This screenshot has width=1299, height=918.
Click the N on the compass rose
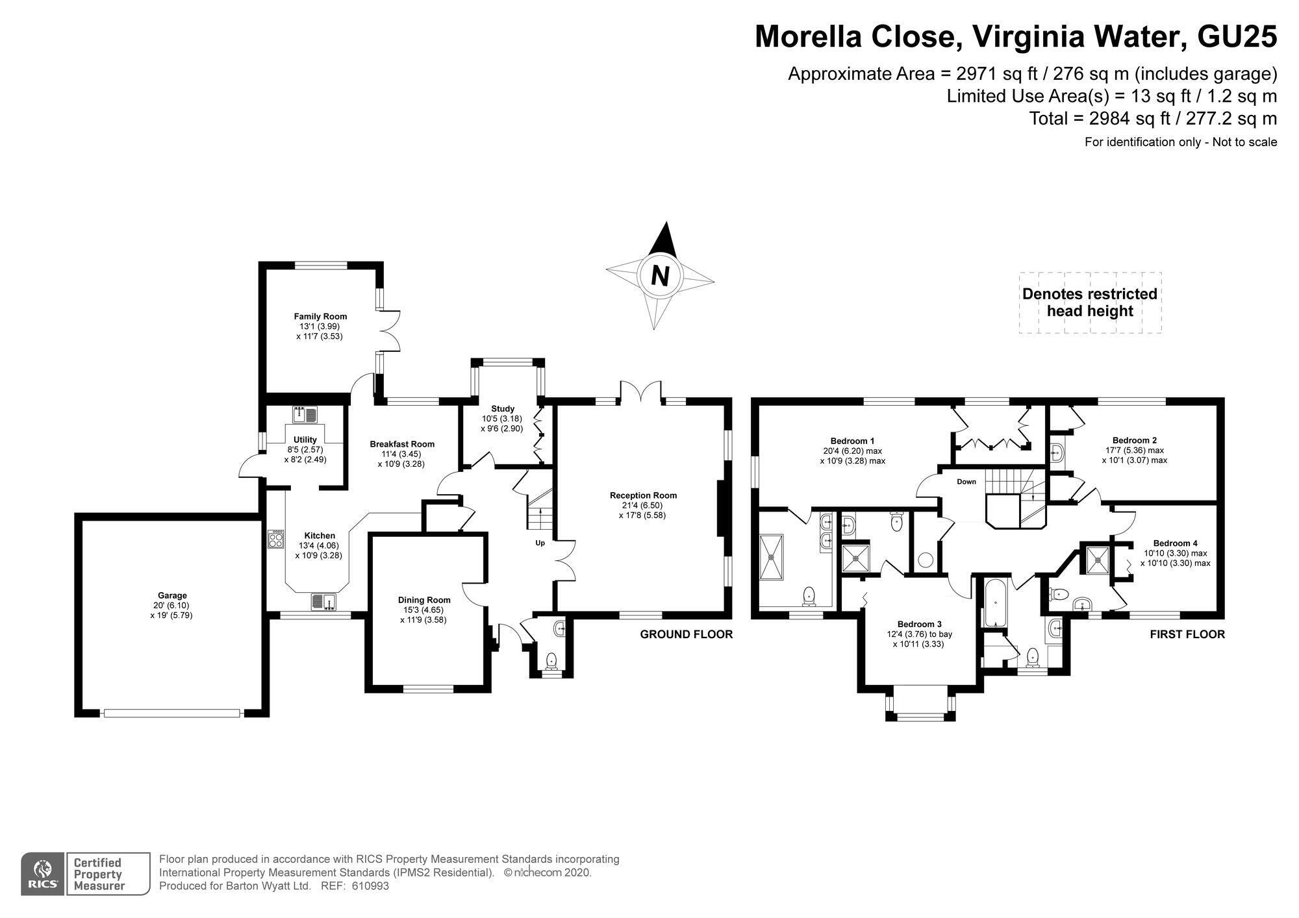pos(660,276)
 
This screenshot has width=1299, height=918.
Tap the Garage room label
pos(172,595)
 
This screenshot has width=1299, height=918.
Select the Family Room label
pos(320,316)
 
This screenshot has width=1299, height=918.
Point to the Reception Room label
pos(643,495)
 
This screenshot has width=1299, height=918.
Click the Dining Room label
pos(424,600)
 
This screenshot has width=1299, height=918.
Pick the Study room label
pos(503,409)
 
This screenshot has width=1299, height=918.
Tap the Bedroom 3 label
pos(919,624)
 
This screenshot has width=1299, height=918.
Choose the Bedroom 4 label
pos(1175,543)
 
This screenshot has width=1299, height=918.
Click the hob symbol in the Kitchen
pos(276,539)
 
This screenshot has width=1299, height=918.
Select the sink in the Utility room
pos(304,414)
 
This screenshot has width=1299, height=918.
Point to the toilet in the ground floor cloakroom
pos(552,662)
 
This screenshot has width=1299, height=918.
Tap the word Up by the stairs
pos(540,543)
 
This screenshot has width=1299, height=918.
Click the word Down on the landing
pos(966,482)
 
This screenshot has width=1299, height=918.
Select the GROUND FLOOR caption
pos(687,634)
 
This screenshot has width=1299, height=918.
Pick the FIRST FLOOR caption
pos(1187,634)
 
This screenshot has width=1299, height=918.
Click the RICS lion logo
pos(43,874)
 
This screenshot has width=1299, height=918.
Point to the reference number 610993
pos(370,886)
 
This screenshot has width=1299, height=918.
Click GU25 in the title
pos(1237,36)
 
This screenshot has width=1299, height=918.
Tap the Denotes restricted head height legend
pos(1090,303)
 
